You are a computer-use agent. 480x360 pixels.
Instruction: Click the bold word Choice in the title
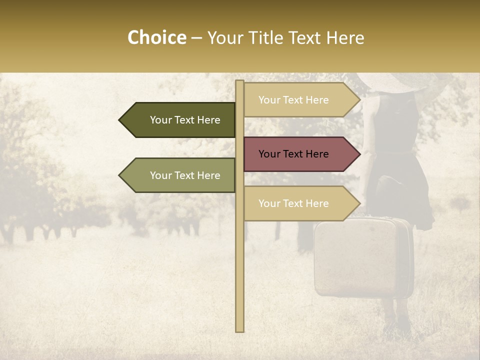(156, 37)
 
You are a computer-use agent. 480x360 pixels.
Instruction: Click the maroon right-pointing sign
(300, 154)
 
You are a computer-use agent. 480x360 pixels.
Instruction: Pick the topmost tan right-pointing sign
(300, 100)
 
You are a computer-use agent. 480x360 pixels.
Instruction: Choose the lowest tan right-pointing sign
(300, 203)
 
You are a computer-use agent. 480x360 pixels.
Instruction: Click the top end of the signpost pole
(239, 82)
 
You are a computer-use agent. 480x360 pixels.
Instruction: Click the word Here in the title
(345, 37)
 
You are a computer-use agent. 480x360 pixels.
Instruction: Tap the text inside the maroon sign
(293, 154)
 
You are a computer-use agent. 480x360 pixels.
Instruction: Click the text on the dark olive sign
(185, 120)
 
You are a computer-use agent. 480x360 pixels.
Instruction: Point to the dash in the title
(197, 38)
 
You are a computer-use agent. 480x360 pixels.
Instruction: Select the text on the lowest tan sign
(293, 203)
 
